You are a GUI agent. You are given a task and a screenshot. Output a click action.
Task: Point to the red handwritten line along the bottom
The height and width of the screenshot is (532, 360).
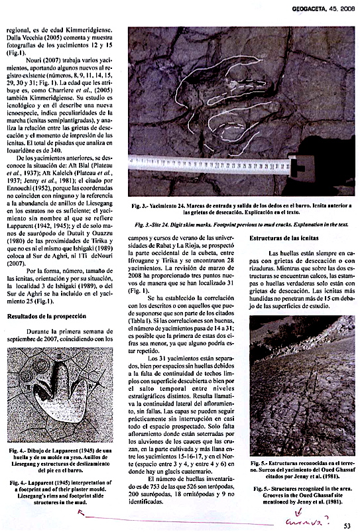pyautogui.click(x=166, y=520)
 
